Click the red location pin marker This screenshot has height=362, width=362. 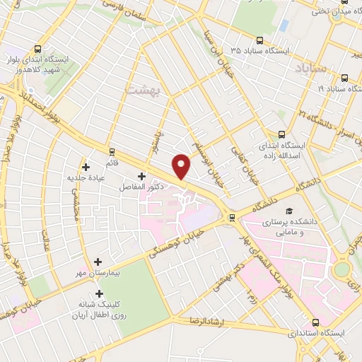click(182, 165)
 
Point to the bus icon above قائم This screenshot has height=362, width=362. click(112, 151)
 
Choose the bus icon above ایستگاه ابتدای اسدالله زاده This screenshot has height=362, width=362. click(282, 134)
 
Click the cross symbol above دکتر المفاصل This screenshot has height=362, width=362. click(141, 175)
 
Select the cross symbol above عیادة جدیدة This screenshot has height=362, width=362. click(86, 168)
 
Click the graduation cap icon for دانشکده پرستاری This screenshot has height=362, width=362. click(288, 211)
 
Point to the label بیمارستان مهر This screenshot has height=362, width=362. click(97, 272)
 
